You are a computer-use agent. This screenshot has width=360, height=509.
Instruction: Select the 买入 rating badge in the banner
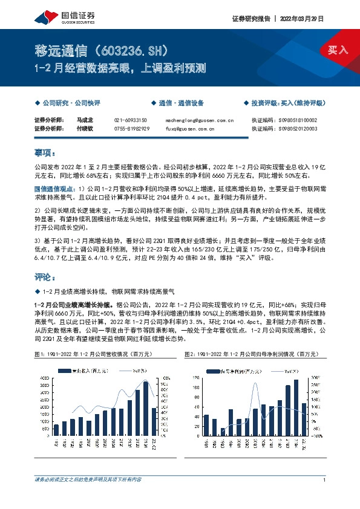pyautogui.click(x=338, y=50)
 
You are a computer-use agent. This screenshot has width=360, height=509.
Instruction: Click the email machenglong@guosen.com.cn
pyautogui.click(x=200, y=120)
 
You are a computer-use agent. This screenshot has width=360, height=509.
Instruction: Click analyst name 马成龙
pyautogui.click(x=85, y=120)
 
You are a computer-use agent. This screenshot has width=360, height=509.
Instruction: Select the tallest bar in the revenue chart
pyautogui.click(x=146, y=409)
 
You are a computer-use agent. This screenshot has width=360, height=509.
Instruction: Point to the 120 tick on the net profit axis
pyautogui.click(x=195, y=378)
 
